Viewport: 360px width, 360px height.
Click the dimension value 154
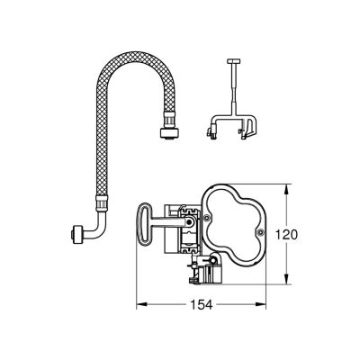[x=202, y=305]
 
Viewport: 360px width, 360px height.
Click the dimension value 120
[x=286, y=235]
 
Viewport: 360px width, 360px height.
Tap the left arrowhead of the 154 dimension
[x=141, y=305]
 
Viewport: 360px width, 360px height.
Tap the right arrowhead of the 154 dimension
[x=260, y=305]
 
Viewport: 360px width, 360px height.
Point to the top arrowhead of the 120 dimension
[x=287, y=189]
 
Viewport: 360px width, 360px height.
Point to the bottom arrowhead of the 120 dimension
[x=287, y=278]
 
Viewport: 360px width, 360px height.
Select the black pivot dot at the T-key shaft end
[x=189, y=221]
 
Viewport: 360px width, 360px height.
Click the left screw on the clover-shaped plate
[x=206, y=218]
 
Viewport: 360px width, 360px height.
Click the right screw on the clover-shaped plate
[x=261, y=231]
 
